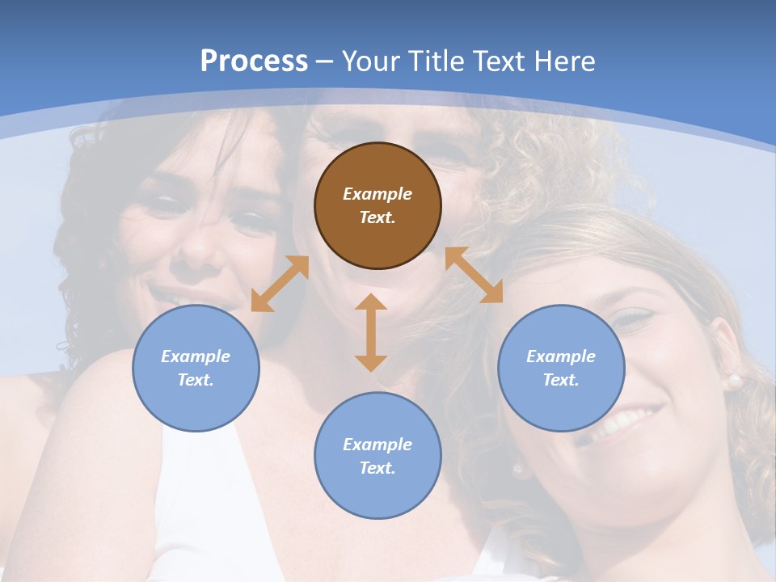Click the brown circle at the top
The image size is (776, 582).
pyautogui.click(x=377, y=205)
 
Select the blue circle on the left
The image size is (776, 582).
pyautogui.click(x=196, y=368)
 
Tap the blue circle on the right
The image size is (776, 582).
pyautogui.click(x=561, y=368)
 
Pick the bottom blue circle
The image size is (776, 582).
pyautogui.click(x=377, y=456)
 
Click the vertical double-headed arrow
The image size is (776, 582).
pyautogui.click(x=371, y=332)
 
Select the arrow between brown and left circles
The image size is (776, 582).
pyautogui.click(x=280, y=284)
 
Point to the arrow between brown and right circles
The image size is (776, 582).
pyautogui.click(x=474, y=275)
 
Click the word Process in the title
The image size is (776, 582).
pyautogui.click(x=254, y=61)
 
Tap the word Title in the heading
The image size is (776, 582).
pyautogui.click(x=437, y=61)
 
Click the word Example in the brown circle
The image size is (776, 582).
pyautogui.click(x=377, y=194)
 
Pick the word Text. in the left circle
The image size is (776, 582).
pyautogui.click(x=196, y=380)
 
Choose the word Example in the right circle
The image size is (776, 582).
pyautogui.click(x=561, y=356)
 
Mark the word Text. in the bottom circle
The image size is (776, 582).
pyautogui.click(x=377, y=468)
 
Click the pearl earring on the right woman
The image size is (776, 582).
pyautogui.click(x=735, y=379)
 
